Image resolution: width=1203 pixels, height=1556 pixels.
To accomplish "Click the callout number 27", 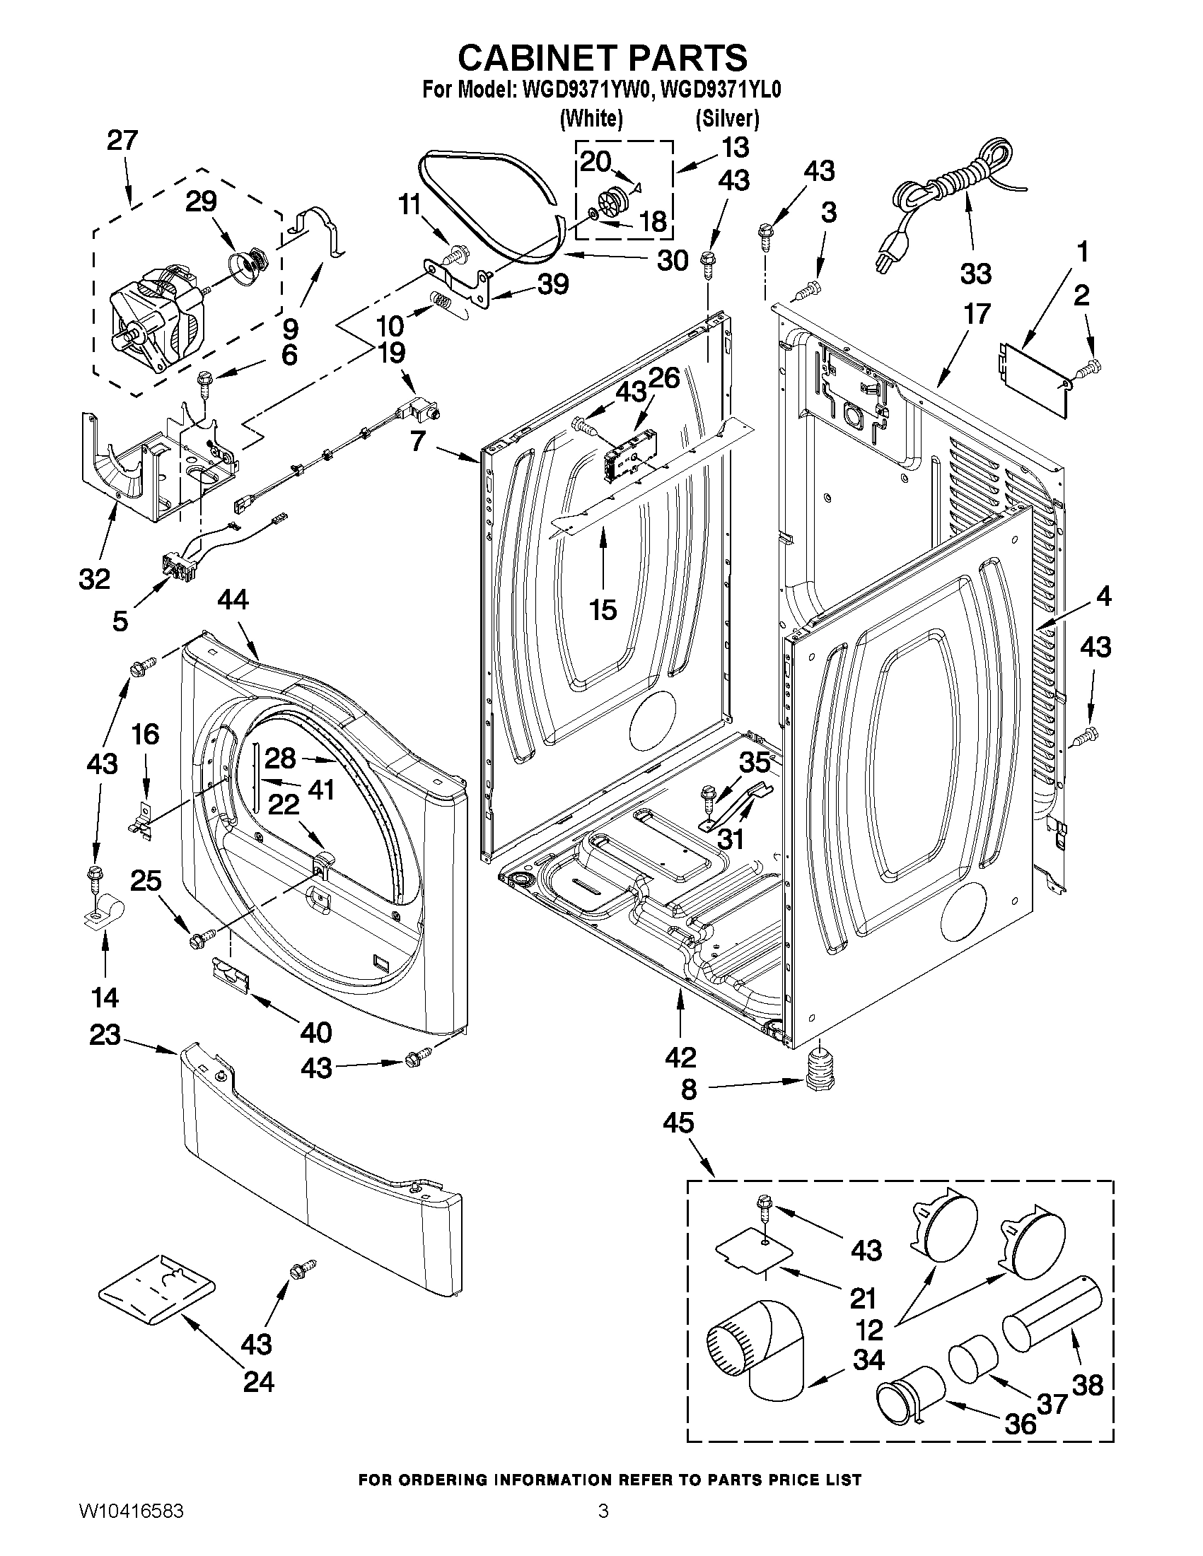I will [x=122, y=141].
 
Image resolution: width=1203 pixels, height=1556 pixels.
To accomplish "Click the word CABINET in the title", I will [x=545, y=58].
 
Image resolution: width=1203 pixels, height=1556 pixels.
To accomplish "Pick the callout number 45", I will [x=678, y=1123].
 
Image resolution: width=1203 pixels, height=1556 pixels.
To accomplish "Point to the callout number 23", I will [x=105, y=1035].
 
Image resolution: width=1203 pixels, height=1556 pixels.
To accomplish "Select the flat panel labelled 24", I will [x=156, y=1290].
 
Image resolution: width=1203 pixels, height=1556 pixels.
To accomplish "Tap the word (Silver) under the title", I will [x=727, y=118].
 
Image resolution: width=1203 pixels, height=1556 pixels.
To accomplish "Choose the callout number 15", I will [x=603, y=610].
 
